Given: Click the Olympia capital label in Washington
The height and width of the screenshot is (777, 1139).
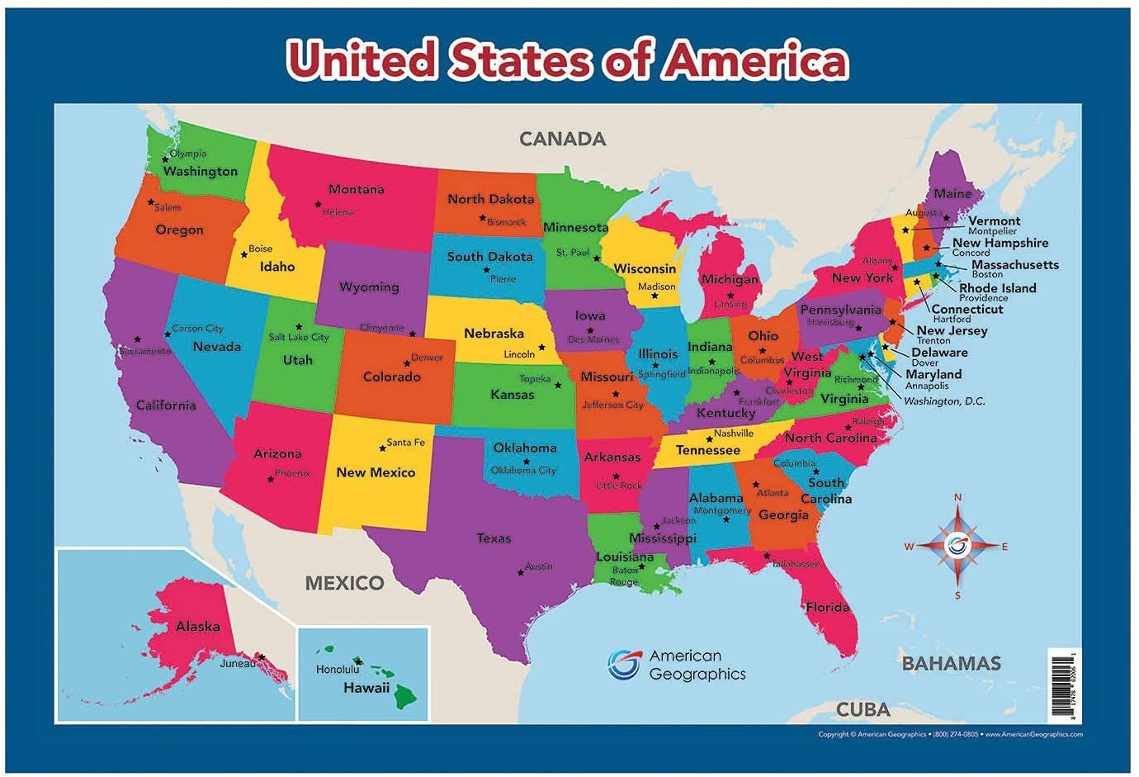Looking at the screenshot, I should pos(188,154).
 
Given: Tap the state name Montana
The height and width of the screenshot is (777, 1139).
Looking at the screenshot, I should pos(356,189).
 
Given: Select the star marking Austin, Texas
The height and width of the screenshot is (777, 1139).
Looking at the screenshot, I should pos(520,572).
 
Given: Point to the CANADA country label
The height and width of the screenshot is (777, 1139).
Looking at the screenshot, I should pos(562,139).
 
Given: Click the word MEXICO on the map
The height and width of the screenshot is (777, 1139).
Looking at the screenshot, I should pos(344,583).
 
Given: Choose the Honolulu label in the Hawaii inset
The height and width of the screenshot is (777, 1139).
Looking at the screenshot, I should pos(338,669).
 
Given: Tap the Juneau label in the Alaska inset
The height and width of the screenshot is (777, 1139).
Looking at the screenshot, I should pos(237,663).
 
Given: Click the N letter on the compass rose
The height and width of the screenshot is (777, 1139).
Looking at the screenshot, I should pos(957,497).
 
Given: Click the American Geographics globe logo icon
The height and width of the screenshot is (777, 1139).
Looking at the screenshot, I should pos(623,665).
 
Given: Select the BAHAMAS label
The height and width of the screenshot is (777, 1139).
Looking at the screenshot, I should pos(951,663).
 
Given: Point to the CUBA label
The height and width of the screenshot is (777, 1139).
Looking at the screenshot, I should pos(863,709).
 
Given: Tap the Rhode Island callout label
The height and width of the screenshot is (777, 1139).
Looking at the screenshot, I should pos(997,288).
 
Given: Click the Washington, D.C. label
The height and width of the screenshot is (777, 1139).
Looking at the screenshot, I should pos(944,401).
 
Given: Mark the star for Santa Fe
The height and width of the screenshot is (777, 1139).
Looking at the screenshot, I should pos(382,448).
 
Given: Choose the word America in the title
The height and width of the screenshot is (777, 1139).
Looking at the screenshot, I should pos(757,60).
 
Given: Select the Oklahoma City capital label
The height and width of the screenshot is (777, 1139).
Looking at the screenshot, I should pos(523,470).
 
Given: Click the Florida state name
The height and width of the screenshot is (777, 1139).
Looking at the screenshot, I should pos(827,607).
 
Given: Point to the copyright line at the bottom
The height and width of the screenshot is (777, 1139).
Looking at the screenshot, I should pos(950,734).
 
